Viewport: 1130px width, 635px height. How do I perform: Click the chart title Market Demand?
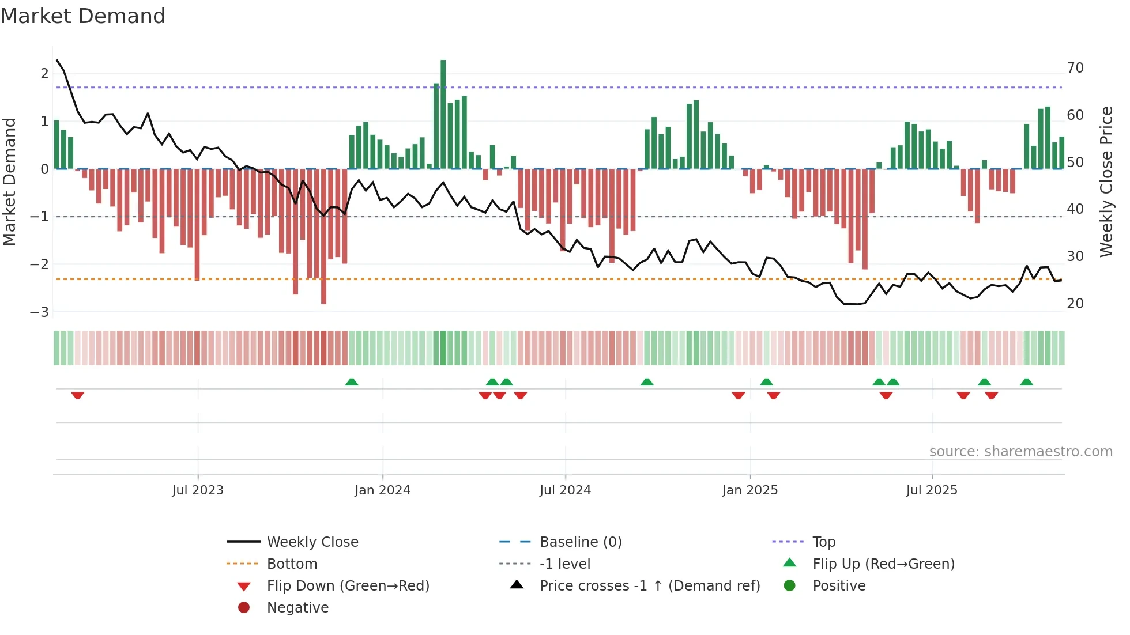[x=83, y=16]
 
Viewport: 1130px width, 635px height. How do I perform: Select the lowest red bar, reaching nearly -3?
[x=323, y=236]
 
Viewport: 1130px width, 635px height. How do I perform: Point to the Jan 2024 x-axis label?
[x=382, y=490]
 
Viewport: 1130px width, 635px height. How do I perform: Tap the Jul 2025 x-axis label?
[x=931, y=490]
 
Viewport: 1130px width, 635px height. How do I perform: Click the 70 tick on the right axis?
[x=1075, y=68]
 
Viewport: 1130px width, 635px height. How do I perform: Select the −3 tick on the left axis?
[x=40, y=312]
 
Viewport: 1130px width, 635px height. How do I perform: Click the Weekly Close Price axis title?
[x=1106, y=182]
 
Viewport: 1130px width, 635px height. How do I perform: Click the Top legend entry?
[x=823, y=542]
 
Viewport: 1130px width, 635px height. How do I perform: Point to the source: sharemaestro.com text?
[x=1020, y=452]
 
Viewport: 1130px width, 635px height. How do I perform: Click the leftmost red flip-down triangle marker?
[x=78, y=395]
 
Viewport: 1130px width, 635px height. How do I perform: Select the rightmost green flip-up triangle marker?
[x=1026, y=382]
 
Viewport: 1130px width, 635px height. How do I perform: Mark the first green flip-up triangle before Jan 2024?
[x=352, y=382]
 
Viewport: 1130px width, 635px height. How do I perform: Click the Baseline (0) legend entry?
[x=580, y=542]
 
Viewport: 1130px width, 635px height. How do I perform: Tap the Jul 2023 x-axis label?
[x=197, y=490]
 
